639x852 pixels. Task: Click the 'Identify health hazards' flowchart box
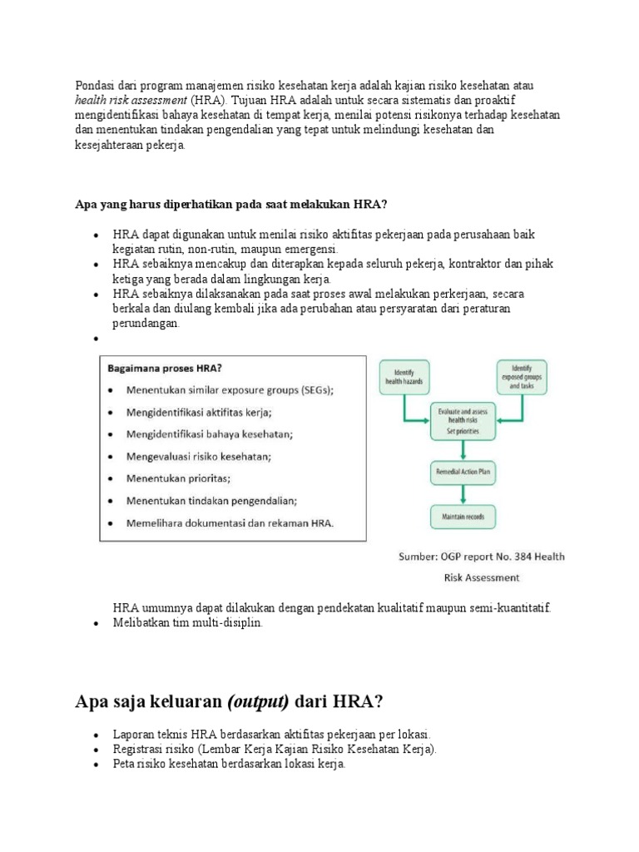tap(404, 376)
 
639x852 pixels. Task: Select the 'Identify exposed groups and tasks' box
tap(523, 376)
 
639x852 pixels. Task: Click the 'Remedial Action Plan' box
tap(463, 471)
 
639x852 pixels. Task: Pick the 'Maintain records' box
tap(463, 516)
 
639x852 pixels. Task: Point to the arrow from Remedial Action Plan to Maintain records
tap(463, 493)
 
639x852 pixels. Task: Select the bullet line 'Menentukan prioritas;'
tap(179, 478)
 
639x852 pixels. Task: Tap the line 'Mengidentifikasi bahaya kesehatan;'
tap(209, 433)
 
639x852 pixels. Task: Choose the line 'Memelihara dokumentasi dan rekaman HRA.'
tap(230, 523)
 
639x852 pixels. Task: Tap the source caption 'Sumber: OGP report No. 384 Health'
tap(478, 557)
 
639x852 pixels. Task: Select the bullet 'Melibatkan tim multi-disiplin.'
tap(187, 622)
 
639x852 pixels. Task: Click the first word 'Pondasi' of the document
tap(94, 86)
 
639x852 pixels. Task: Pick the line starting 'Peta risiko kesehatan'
tap(229, 764)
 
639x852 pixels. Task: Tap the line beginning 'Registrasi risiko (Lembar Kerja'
tap(275, 749)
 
